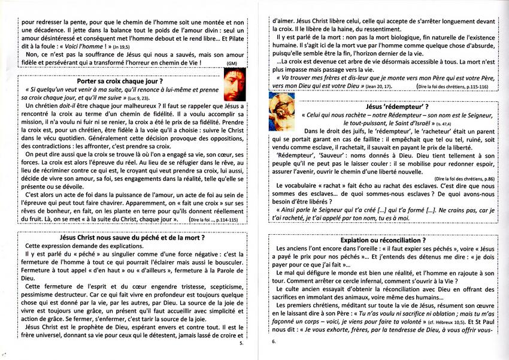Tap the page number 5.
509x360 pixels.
click(241, 344)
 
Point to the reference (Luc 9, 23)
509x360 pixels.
click(137, 97)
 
